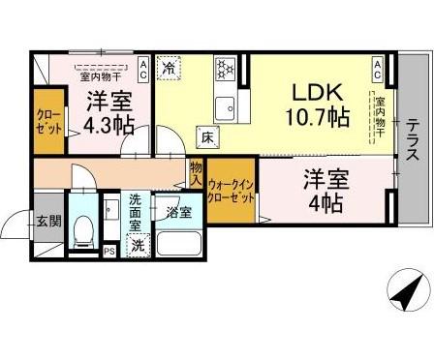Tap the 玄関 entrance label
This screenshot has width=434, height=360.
pos(48,222)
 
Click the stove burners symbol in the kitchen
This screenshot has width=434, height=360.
pos(226,69)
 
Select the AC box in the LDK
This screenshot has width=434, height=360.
pos(379,67)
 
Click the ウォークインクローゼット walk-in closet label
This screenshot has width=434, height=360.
pos(232,191)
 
